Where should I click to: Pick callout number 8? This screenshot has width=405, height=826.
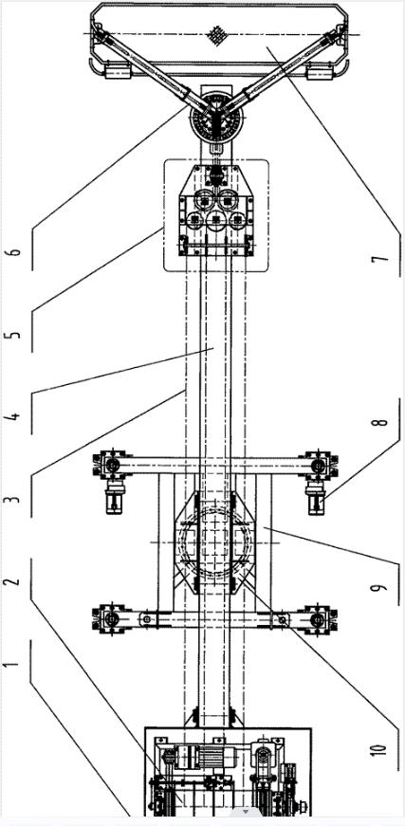tap(383, 421)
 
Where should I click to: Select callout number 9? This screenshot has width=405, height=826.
tap(383, 585)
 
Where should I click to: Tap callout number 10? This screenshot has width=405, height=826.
tap(383, 748)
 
